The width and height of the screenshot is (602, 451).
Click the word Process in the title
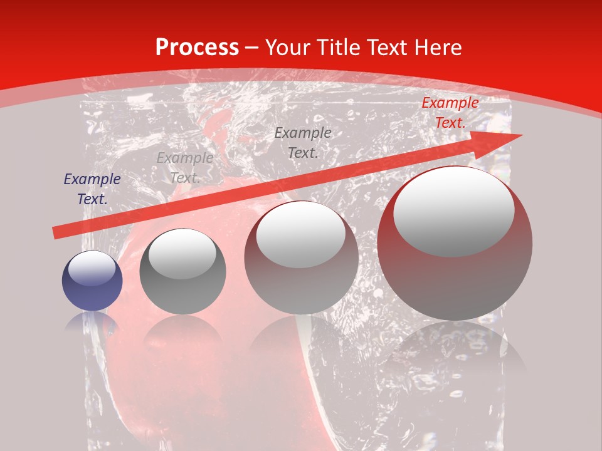pos(197,48)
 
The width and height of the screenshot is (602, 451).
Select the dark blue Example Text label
pos(92,189)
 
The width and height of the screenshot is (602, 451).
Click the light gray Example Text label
pos(185,168)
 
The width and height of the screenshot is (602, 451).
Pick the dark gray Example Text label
pos(303,142)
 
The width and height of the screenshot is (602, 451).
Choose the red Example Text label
pos(450,113)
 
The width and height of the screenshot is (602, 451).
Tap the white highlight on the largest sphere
pos(453,212)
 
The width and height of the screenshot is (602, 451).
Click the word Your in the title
pos(286,48)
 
